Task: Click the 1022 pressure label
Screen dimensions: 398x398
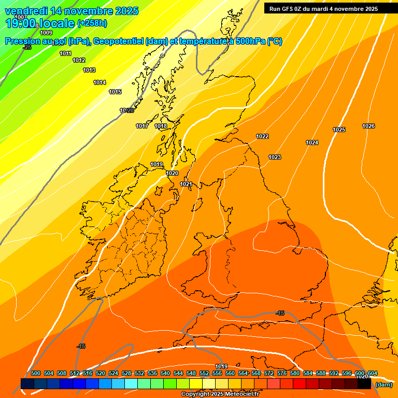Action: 262,136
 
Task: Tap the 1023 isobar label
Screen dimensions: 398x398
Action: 275,157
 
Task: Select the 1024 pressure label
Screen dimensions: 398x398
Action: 312,143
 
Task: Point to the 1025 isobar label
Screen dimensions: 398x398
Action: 339,130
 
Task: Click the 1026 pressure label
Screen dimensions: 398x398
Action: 368,126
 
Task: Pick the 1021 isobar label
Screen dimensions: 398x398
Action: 186,184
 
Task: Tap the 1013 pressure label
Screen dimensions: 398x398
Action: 89,70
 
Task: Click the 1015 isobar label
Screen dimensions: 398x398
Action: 115,92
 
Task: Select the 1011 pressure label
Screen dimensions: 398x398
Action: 65,53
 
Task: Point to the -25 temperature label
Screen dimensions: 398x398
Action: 27,47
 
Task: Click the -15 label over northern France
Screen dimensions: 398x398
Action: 280,313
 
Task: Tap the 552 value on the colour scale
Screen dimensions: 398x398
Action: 204,373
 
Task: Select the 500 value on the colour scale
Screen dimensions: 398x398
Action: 36,373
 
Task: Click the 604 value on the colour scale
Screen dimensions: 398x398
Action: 373,373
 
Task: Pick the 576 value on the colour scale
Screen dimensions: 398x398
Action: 282,373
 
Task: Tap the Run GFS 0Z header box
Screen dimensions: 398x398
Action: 323,9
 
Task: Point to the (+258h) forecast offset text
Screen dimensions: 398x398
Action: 92,23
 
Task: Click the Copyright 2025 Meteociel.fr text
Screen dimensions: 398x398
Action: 220,394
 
